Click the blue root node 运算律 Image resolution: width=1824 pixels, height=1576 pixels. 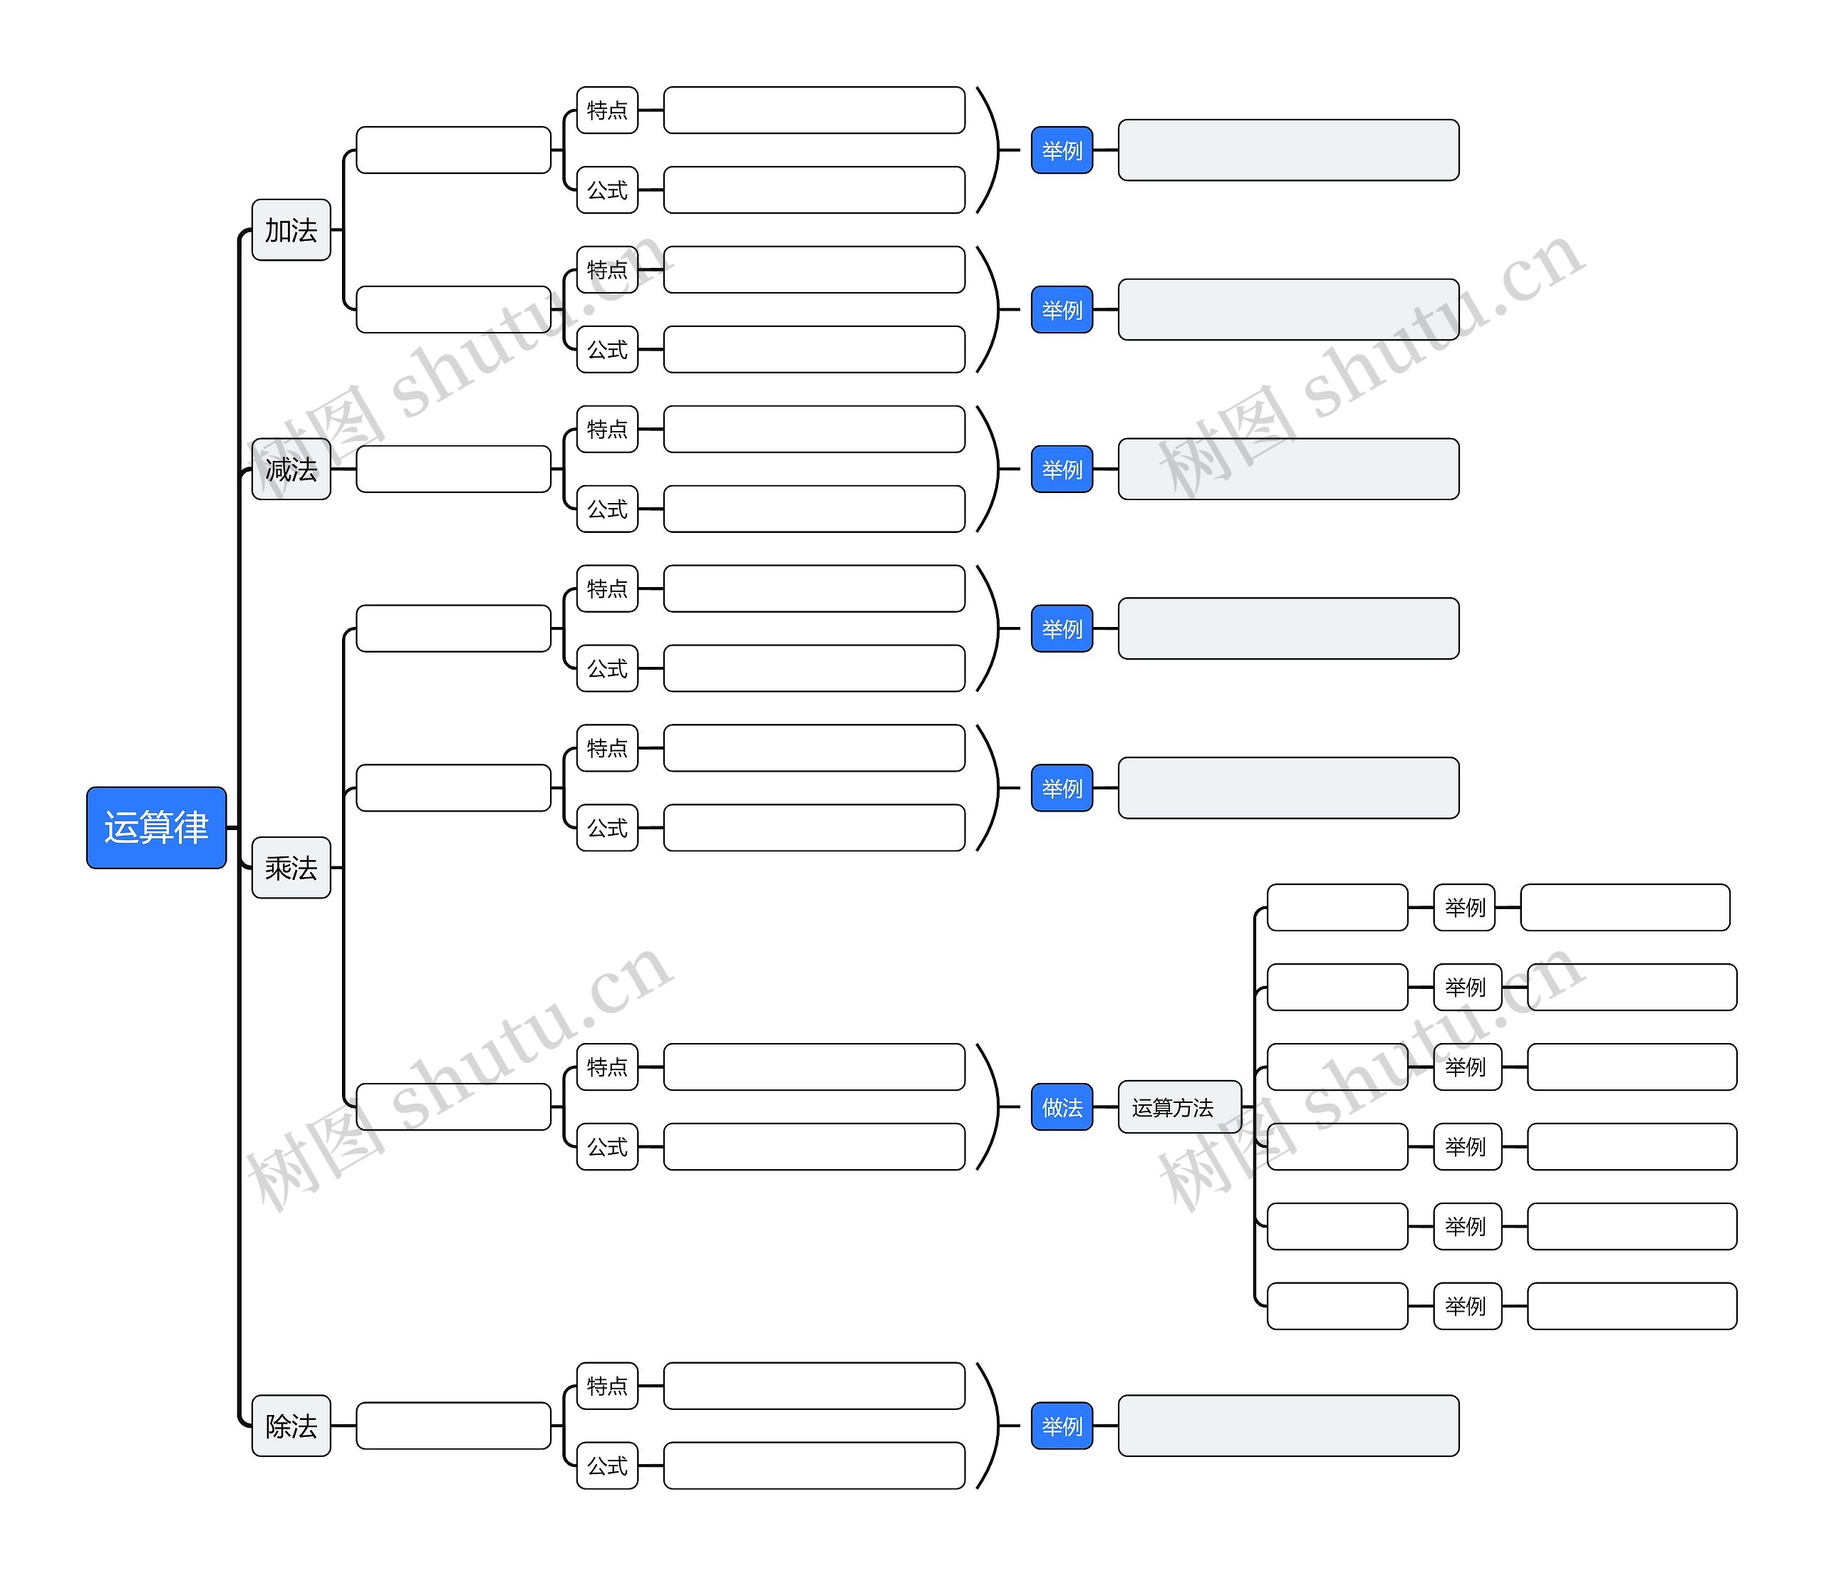click(x=156, y=828)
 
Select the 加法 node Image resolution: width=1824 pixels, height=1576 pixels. click(x=291, y=231)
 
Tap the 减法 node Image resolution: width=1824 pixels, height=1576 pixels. click(x=291, y=470)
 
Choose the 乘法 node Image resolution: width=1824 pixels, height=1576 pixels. click(x=291, y=868)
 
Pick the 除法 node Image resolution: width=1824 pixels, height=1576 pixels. click(x=291, y=1426)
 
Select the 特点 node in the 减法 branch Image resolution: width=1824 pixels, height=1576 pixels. click(x=606, y=430)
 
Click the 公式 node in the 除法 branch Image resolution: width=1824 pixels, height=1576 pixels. click(x=606, y=1466)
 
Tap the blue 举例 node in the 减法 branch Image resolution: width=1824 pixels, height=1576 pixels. click(x=1062, y=470)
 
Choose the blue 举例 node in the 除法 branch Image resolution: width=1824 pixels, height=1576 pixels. click(x=1062, y=1426)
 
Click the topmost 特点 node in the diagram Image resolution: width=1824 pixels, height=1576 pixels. click(x=606, y=110)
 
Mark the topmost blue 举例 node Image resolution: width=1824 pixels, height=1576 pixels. click(x=1062, y=150)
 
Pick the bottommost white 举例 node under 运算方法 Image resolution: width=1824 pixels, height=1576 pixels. click(x=1466, y=1306)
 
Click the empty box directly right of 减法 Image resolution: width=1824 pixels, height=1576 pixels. click(x=453, y=470)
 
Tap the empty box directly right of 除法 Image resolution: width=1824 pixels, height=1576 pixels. click(x=453, y=1426)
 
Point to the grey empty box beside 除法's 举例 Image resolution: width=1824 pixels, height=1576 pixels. click(x=1288, y=1426)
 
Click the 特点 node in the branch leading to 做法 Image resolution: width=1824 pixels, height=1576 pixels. click(x=606, y=1067)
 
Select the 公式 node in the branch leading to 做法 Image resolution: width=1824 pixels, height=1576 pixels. click(x=606, y=1146)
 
